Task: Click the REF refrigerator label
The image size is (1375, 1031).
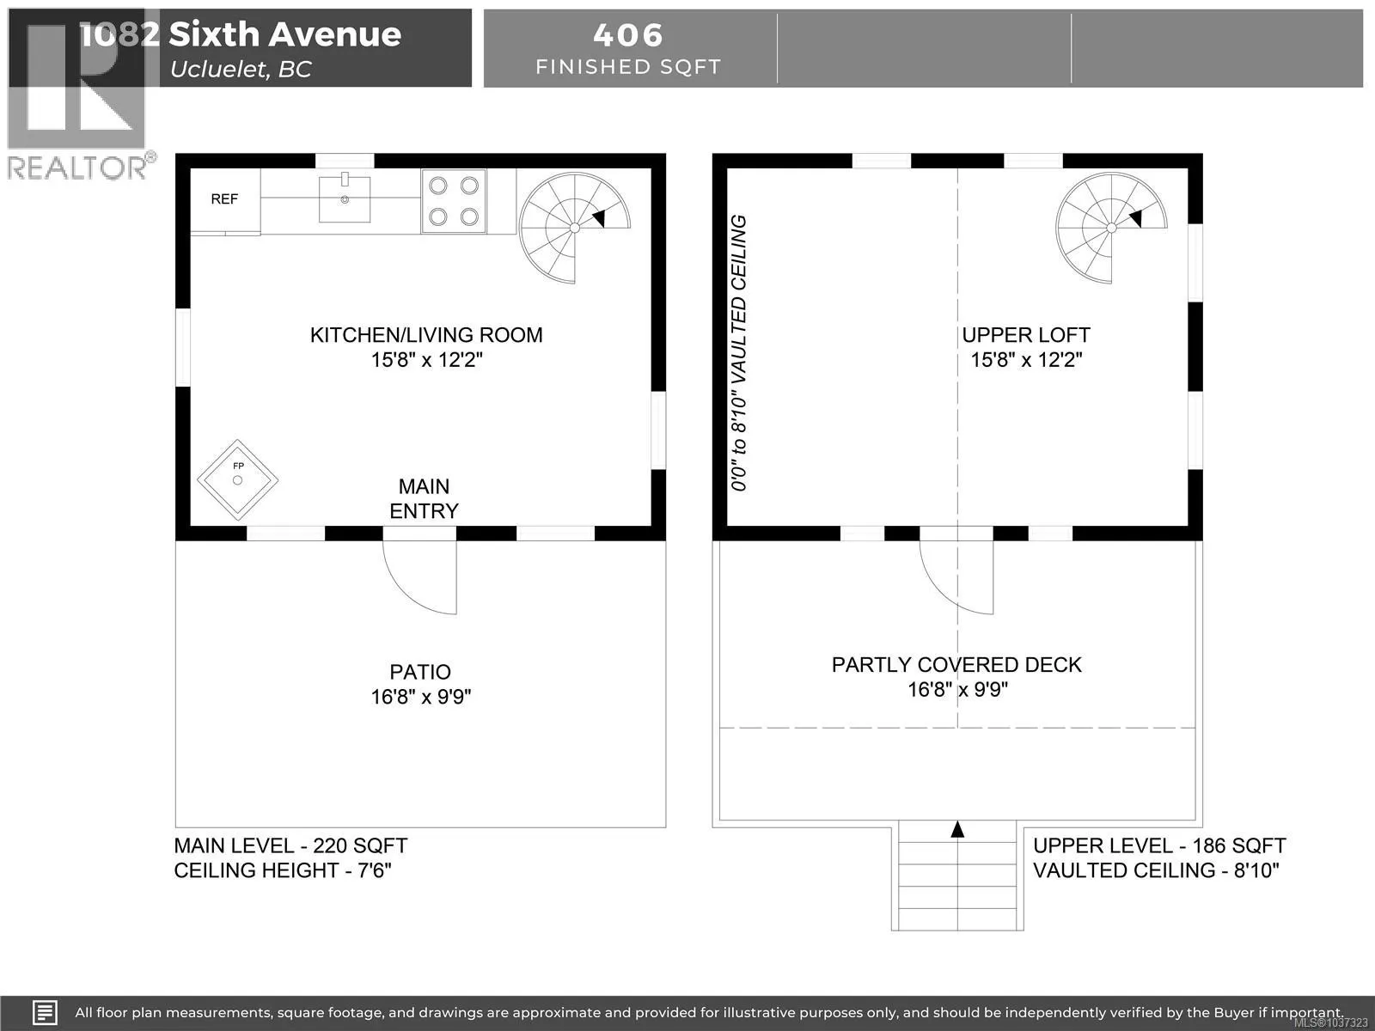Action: click(224, 199)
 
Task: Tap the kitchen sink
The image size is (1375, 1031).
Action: click(345, 198)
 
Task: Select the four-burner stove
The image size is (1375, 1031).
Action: click(454, 202)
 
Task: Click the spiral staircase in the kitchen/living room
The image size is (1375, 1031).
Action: click(574, 228)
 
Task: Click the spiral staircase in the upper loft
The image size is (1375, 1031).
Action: click(1111, 228)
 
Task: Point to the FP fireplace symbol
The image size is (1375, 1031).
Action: click(237, 480)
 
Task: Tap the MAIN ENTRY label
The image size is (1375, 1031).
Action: click(424, 499)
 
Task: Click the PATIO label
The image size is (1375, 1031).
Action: click(420, 673)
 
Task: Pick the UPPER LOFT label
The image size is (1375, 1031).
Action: click(1026, 336)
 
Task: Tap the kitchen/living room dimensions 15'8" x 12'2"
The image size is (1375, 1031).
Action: click(426, 360)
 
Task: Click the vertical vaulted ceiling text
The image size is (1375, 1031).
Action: click(739, 353)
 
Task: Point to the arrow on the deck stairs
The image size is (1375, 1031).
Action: click(957, 829)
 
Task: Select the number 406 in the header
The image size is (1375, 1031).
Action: click(628, 35)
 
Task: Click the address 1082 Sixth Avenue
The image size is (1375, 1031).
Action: click(241, 34)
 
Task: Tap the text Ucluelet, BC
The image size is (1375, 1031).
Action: click(241, 69)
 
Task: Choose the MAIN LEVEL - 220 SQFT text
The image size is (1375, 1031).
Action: click(290, 845)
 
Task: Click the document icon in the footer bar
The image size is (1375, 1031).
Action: click(45, 1012)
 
